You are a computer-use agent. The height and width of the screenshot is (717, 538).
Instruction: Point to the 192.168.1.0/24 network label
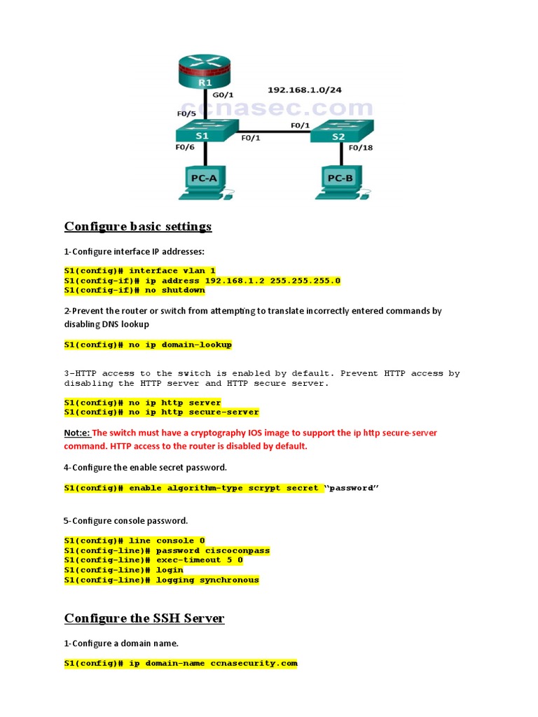310,90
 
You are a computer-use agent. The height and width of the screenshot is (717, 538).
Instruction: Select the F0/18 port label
361,148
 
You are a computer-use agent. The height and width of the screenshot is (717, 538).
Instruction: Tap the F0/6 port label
186,148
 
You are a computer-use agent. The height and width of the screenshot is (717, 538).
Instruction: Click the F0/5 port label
186,113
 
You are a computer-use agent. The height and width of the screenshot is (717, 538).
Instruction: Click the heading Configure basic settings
138,226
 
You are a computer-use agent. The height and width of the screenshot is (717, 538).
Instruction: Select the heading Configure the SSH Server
144,618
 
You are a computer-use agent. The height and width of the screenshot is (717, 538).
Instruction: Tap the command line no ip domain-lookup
148,344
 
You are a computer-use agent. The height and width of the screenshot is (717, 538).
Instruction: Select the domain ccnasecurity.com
254,663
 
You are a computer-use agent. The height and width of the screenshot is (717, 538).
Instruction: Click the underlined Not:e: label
77,433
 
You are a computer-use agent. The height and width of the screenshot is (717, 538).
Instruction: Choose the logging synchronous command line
161,580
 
